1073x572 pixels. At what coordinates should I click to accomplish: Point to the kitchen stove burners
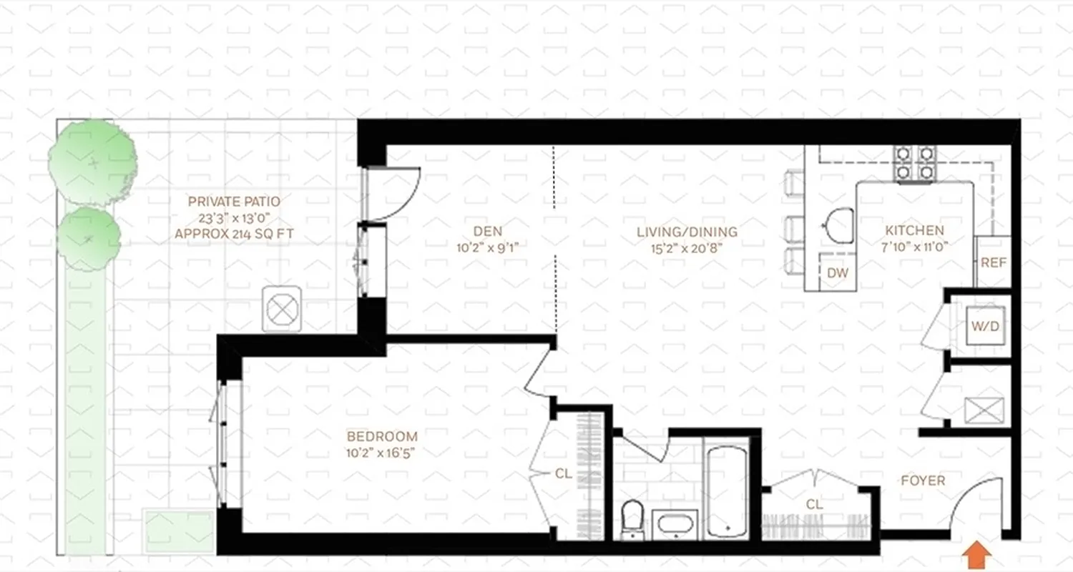[915, 163]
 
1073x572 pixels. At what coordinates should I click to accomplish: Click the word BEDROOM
[382, 436]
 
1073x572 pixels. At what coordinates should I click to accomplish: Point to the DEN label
[487, 231]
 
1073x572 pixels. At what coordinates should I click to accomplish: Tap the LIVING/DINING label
[687, 232]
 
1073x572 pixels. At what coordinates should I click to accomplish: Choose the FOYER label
[923, 480]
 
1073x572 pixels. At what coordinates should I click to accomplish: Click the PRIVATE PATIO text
[234, 202]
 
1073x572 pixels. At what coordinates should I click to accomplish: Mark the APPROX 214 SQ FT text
[234, 233]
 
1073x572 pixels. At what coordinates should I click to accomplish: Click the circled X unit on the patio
[282, 310]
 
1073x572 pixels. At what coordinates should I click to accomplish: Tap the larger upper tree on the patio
[92, 163]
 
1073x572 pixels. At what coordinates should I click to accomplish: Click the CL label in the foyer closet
[814, 504]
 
